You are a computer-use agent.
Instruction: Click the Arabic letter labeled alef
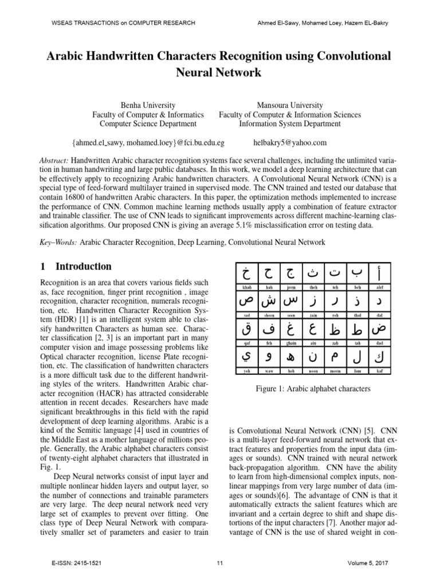tap(376, 272)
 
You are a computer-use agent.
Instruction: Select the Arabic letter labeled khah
tap(246, 272)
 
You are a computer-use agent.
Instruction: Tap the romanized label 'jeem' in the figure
tap(291, 286)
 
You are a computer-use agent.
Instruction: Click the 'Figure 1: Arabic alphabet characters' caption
tap(313, 389)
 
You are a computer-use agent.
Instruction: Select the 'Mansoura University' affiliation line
tap(290, 105)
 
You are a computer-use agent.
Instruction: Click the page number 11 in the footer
tap(220, 563)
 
